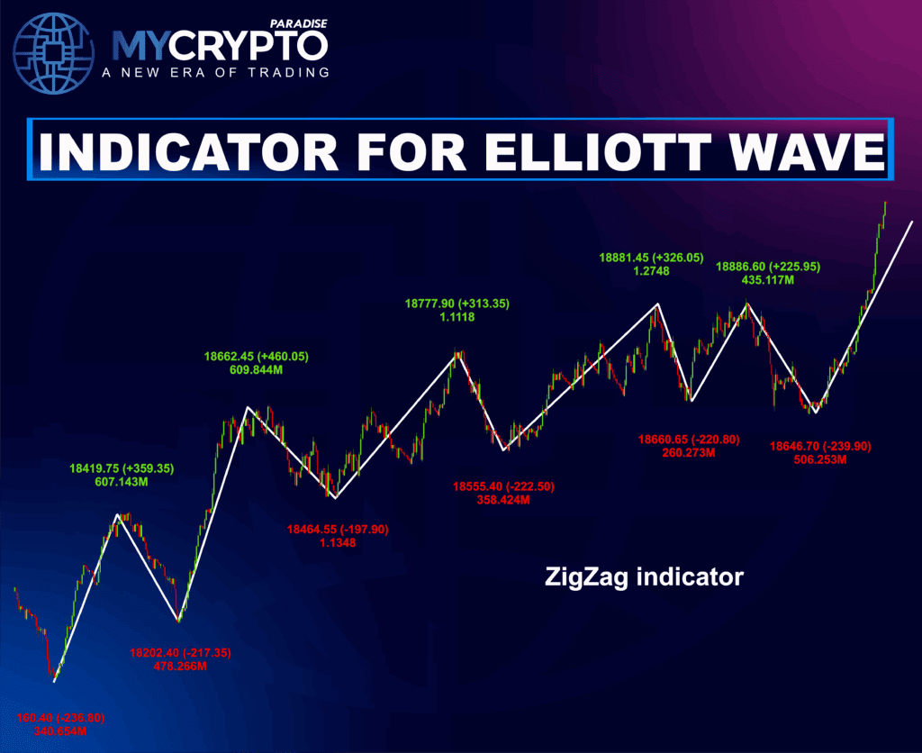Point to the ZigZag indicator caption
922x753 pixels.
pyautogui.click(x=644, y=576)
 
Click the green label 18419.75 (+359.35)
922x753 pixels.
pyautogui.click(x=122, y=468)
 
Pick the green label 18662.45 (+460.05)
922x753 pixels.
pyautogui.click(x=256, y=357)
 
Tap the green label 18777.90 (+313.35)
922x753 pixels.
pyautogui.click(x=456, y=304)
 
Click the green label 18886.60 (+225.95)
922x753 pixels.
pyautogui.click(x=768, y=267)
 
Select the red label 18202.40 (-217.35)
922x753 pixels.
pyautogui.click(x=181, y=652)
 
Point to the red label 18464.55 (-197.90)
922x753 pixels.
pyautogui.click(x=337, y=529)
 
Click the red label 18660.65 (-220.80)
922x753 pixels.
pyautogui.click(x=688, y=439)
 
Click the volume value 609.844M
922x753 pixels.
pyautogui.click(x=256, y=370)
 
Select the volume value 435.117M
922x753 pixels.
pyautogui.click(x=767, y=280)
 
